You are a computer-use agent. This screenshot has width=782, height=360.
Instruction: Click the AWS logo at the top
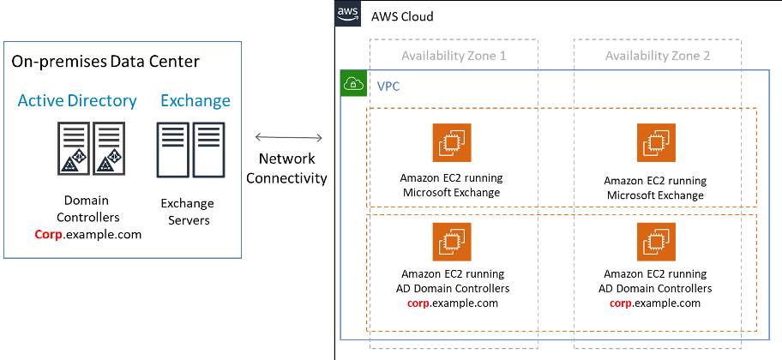pyautogui.click(x=346, y=14)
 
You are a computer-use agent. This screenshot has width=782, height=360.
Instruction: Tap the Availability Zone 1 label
pyautogui.click(x=454, y=56)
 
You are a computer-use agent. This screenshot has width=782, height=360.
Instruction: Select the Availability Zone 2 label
pyautogui.click(x=658, y=56)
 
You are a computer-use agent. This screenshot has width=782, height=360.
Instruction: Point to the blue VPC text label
pyautogui.click(x=388, y=87)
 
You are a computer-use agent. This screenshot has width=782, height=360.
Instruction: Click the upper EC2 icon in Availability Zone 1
pyautogui.click(x=452, y=141)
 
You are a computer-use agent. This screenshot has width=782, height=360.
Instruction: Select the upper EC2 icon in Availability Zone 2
pyautogui.click(x=657, y=141)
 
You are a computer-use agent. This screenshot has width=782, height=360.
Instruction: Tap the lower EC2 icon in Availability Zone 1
pyautogui.click(x=452, y=242)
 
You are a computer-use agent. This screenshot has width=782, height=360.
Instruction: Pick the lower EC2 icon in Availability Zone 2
pyautogui.click(x=657, y=242)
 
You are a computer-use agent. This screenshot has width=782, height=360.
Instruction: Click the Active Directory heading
pyautogui.click(x=77, y=101)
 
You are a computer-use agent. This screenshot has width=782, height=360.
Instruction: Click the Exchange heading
pyautogui.click(x=195, y=101)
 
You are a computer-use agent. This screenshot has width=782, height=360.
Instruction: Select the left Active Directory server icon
pyautogui.click(x=74, y=148)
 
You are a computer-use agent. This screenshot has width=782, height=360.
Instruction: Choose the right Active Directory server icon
pyautogui.click(x=108, y=148)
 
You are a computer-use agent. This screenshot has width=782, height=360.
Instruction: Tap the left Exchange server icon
pyautogui.click(x=172, y=149)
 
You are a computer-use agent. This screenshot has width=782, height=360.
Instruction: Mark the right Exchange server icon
pyautogui.click(x=208, y=149)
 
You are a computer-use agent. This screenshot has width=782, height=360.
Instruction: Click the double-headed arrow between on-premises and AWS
pyautogui.click(x=289, y=137)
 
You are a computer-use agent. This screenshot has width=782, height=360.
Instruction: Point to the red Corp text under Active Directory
pyautogui.click(x=49, y=235)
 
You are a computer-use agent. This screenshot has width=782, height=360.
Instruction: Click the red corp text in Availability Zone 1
pyautogui.click(x=418, y=303)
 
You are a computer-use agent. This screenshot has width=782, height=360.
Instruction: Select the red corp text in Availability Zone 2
pyautogui.click(x=621, y=303)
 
